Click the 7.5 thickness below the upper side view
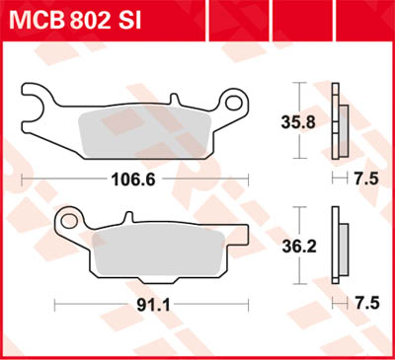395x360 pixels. coord(366,179)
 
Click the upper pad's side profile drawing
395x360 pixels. coord(340,124)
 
